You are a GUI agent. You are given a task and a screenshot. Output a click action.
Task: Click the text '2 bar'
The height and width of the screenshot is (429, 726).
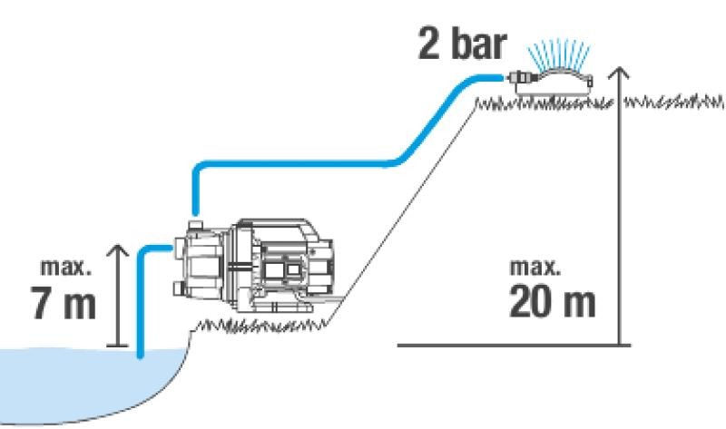(x=462, y=44)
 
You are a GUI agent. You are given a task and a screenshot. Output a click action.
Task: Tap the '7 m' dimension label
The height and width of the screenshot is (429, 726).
(x=63, y=303)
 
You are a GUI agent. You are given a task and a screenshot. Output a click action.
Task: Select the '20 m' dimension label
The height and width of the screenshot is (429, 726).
(x=552, y=301)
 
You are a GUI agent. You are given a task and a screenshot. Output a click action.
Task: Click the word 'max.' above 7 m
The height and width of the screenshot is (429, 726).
(x=65, y=268)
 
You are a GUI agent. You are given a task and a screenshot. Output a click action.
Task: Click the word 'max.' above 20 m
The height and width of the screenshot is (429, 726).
(x=535, y=267)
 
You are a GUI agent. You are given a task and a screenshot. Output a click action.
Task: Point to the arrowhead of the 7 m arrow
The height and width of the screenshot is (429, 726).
(x=118, y=250)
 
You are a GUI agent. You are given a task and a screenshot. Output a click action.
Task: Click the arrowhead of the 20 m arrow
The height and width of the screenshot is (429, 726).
(x=619, y=73)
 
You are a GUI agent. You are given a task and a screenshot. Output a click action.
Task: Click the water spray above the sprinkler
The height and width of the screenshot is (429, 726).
(x=559, y=56)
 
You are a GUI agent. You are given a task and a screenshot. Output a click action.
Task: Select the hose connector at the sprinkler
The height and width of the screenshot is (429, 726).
(x=521, y=77)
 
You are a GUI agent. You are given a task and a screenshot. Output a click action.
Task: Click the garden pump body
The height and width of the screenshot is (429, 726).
(x=254, y=265)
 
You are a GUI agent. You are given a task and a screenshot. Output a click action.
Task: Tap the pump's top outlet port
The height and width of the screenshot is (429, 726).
(x=195, y=226)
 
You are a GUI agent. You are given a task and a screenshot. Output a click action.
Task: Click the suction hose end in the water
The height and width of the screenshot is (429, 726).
(x=141, y=355)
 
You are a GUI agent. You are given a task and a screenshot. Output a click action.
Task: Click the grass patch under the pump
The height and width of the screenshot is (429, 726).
(x=260, y=327)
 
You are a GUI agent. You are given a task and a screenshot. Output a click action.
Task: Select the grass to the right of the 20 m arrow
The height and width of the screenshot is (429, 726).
(x=673, y=102)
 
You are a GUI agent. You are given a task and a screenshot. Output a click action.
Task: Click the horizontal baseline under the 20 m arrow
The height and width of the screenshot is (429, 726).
(x=514, y=345)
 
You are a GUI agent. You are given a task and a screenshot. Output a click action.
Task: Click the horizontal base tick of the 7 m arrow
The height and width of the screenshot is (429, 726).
(x=118, y=346)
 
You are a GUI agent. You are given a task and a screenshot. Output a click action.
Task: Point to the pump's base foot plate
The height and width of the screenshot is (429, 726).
(x=282, y=307)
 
